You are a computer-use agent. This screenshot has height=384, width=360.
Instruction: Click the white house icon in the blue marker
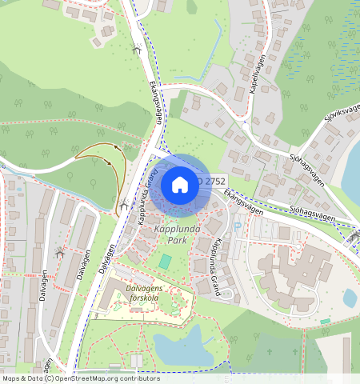[x=180, y=185]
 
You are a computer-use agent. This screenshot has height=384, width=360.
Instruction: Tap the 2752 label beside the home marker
[x=214, y=182]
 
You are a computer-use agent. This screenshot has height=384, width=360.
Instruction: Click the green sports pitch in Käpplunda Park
[x=165, y=261]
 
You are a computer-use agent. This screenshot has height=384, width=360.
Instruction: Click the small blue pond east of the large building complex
[x=350, y=298]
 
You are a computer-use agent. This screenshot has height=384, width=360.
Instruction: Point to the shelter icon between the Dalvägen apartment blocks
[x=59, y=253]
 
